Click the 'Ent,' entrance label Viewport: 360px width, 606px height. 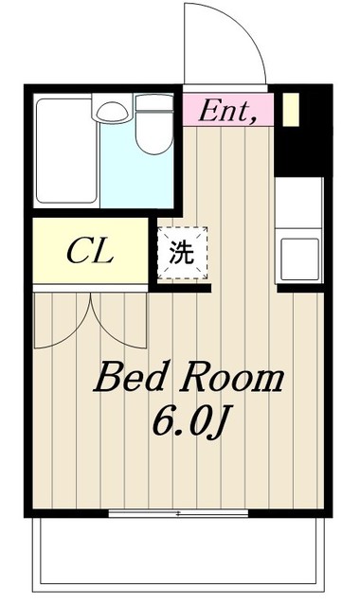[227, 111]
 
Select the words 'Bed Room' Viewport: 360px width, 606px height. [189, 377]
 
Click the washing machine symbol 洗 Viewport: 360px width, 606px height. [182, 253]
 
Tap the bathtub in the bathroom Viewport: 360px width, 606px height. [66, 151]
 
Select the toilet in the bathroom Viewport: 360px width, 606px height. [154, 124]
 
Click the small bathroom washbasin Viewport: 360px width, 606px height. [112, 112]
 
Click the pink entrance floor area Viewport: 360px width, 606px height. [228, 110]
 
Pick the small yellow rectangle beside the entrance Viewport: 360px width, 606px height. [291, 110]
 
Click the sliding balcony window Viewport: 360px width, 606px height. [178, 513]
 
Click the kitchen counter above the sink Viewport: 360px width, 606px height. [298, 203]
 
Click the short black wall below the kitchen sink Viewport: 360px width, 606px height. [300, 288]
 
